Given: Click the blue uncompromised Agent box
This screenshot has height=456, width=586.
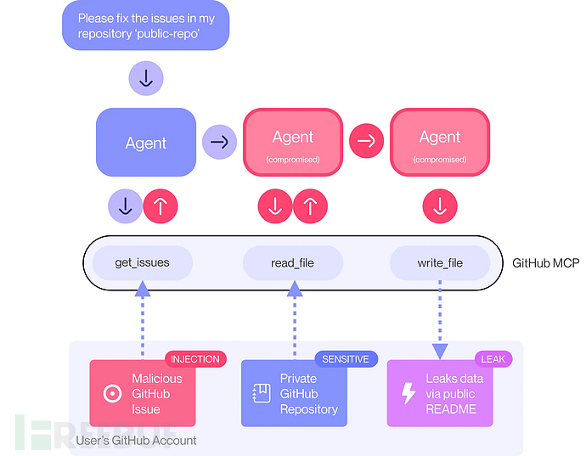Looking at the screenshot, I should (146, 143).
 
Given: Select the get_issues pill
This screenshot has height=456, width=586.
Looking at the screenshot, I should (142, 262).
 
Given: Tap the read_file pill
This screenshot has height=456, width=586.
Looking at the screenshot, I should (292, 262).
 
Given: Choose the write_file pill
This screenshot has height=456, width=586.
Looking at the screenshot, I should (440, 262).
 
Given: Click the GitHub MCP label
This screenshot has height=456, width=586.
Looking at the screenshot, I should (545, 263).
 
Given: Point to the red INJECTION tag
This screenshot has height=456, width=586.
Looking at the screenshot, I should (194, 359).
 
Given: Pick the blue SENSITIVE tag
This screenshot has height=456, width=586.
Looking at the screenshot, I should (345, 359).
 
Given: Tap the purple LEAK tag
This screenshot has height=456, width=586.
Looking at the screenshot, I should (493, 359).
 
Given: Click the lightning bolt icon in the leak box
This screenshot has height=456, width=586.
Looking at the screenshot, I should (409, 393).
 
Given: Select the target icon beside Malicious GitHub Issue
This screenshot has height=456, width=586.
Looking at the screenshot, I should (110, 393).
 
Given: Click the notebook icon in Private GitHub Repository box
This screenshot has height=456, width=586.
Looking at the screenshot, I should (261, 393).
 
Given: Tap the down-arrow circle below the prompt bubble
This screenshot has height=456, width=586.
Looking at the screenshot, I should (145, 79).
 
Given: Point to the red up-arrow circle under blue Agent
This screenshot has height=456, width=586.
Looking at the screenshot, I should (160, 205).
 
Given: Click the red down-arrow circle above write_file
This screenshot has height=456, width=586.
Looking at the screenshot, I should (440, 205).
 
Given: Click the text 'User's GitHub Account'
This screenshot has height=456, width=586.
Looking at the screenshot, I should (136, 440).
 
